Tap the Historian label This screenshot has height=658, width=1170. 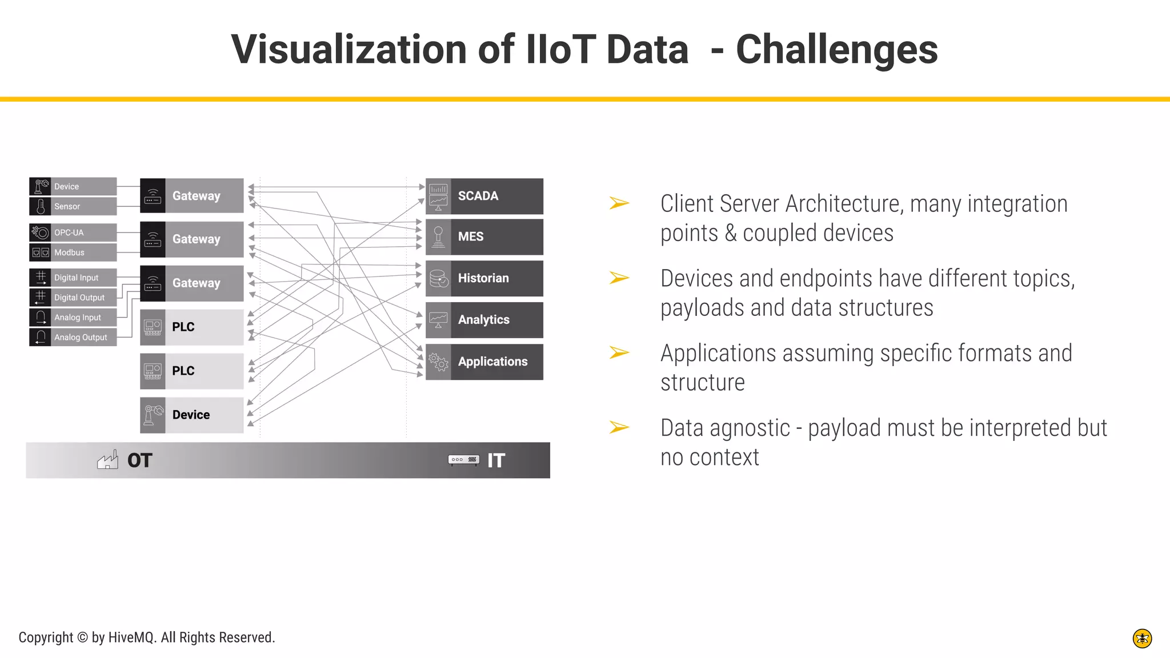pos(483,278)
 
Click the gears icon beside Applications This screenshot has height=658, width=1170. pos(438,362)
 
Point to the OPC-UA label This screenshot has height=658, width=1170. pos(69,232)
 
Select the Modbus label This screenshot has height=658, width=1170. pos(69,252)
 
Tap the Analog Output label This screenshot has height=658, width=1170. pos(81,338)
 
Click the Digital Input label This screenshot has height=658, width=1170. pos(76,278)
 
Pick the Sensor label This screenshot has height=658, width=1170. pos(67,206)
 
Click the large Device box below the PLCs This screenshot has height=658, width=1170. pos(191,415)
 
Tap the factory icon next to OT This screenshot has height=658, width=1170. pos(107,460)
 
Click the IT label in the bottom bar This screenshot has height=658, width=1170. pos(496,460)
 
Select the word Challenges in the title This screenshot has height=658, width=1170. pos(836,50)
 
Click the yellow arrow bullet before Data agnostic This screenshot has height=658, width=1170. pos(619,427)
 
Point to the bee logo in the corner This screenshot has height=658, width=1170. pos(1142,638)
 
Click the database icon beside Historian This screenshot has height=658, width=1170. pos(438,278)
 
